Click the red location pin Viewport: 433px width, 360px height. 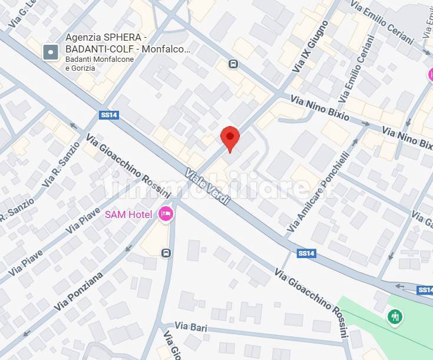coord(230,138)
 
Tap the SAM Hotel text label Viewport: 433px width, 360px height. coord(128,214)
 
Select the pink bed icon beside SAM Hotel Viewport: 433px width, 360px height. coord(166,214)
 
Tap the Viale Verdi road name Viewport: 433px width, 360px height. coord(206,187)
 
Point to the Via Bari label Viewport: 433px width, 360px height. coord(189,326)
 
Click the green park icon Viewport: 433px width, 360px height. coord(395,317)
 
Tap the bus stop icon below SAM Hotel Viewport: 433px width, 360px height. coord(167,253)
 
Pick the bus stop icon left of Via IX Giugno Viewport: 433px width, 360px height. coord(234,64)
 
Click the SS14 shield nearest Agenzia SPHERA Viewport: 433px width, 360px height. coord(110,115)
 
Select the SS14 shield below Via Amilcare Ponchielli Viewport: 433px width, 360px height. coord(306,253)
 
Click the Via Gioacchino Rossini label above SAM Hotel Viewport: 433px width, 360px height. coord(128,167)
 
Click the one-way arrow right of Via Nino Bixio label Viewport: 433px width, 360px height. coord(365,124)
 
